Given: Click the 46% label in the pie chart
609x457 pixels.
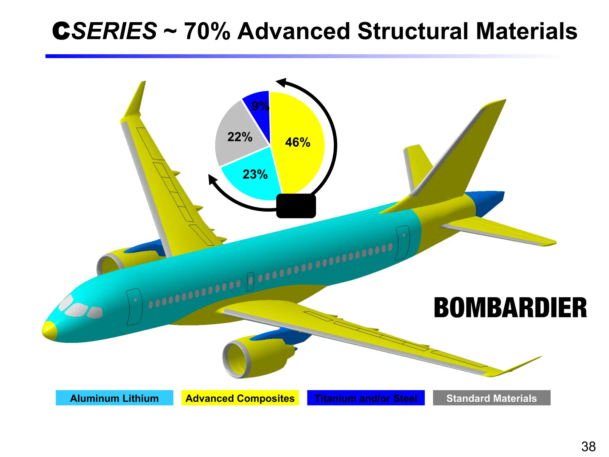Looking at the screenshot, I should (297, 142).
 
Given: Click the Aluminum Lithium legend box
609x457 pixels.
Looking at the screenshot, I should (114, 398).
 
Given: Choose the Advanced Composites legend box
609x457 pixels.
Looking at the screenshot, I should (240, 398).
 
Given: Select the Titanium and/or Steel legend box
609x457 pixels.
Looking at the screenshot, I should (366, 398).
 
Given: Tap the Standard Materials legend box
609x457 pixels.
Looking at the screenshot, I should (492, 398).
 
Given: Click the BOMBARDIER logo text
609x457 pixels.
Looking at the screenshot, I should (510, 308).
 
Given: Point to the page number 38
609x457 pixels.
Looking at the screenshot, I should (588, 447).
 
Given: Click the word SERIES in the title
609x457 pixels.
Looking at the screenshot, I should (114, 31).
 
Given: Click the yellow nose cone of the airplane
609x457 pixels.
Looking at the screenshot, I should (49, 330).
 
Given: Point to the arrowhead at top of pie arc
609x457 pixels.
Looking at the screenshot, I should (281, 82).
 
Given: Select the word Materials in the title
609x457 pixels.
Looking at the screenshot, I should (526, 31).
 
